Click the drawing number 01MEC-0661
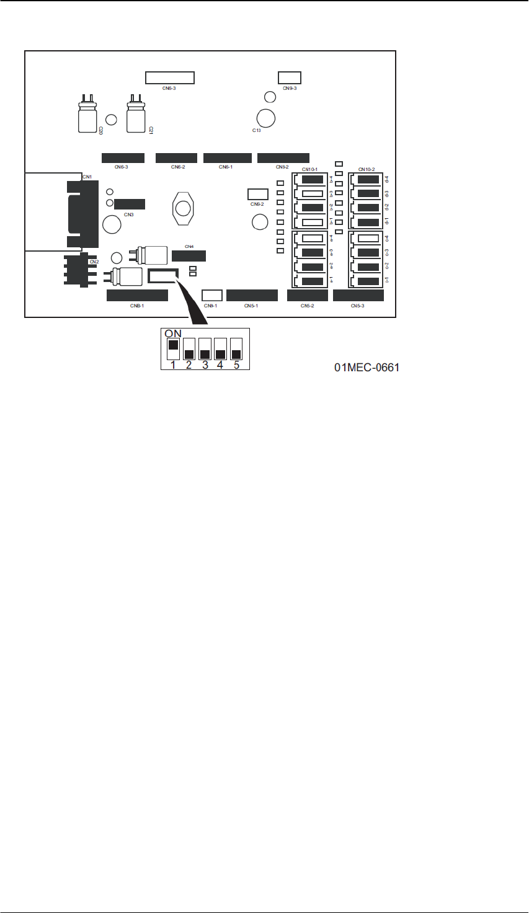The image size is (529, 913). tap(367, 368)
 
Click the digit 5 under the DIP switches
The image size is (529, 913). tap(236, 365)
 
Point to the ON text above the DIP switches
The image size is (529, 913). tap(173, 333)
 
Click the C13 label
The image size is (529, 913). tap(256, 131)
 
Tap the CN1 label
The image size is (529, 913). tap(87, 177)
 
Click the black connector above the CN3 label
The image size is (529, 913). tap(130, 204)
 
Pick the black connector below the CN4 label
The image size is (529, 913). tap(189, 256)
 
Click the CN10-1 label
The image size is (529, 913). tap(309, 169)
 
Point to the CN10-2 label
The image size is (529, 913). tap(367, 169)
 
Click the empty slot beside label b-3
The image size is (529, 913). tap(313, 194)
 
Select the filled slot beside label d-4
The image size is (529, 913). tap(369, 180)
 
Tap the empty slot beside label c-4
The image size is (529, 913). tap(369, 238)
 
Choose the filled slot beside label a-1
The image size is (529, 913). tap(313, 281)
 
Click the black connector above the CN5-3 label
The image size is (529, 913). tap(358, 296)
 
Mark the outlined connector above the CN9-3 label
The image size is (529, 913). tap(290, 77)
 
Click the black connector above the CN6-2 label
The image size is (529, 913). tap(176, 158)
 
